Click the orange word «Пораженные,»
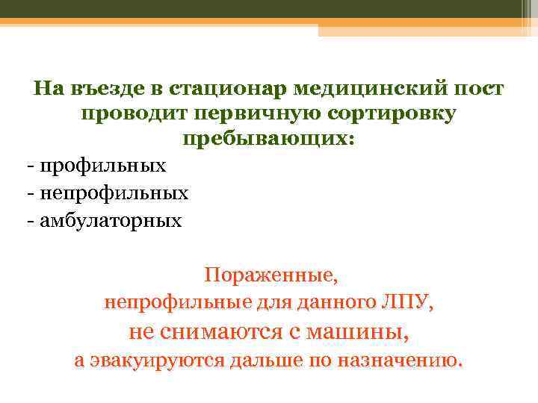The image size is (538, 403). [x=271, y=275]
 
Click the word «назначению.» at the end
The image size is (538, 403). [x=400, y=360]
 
